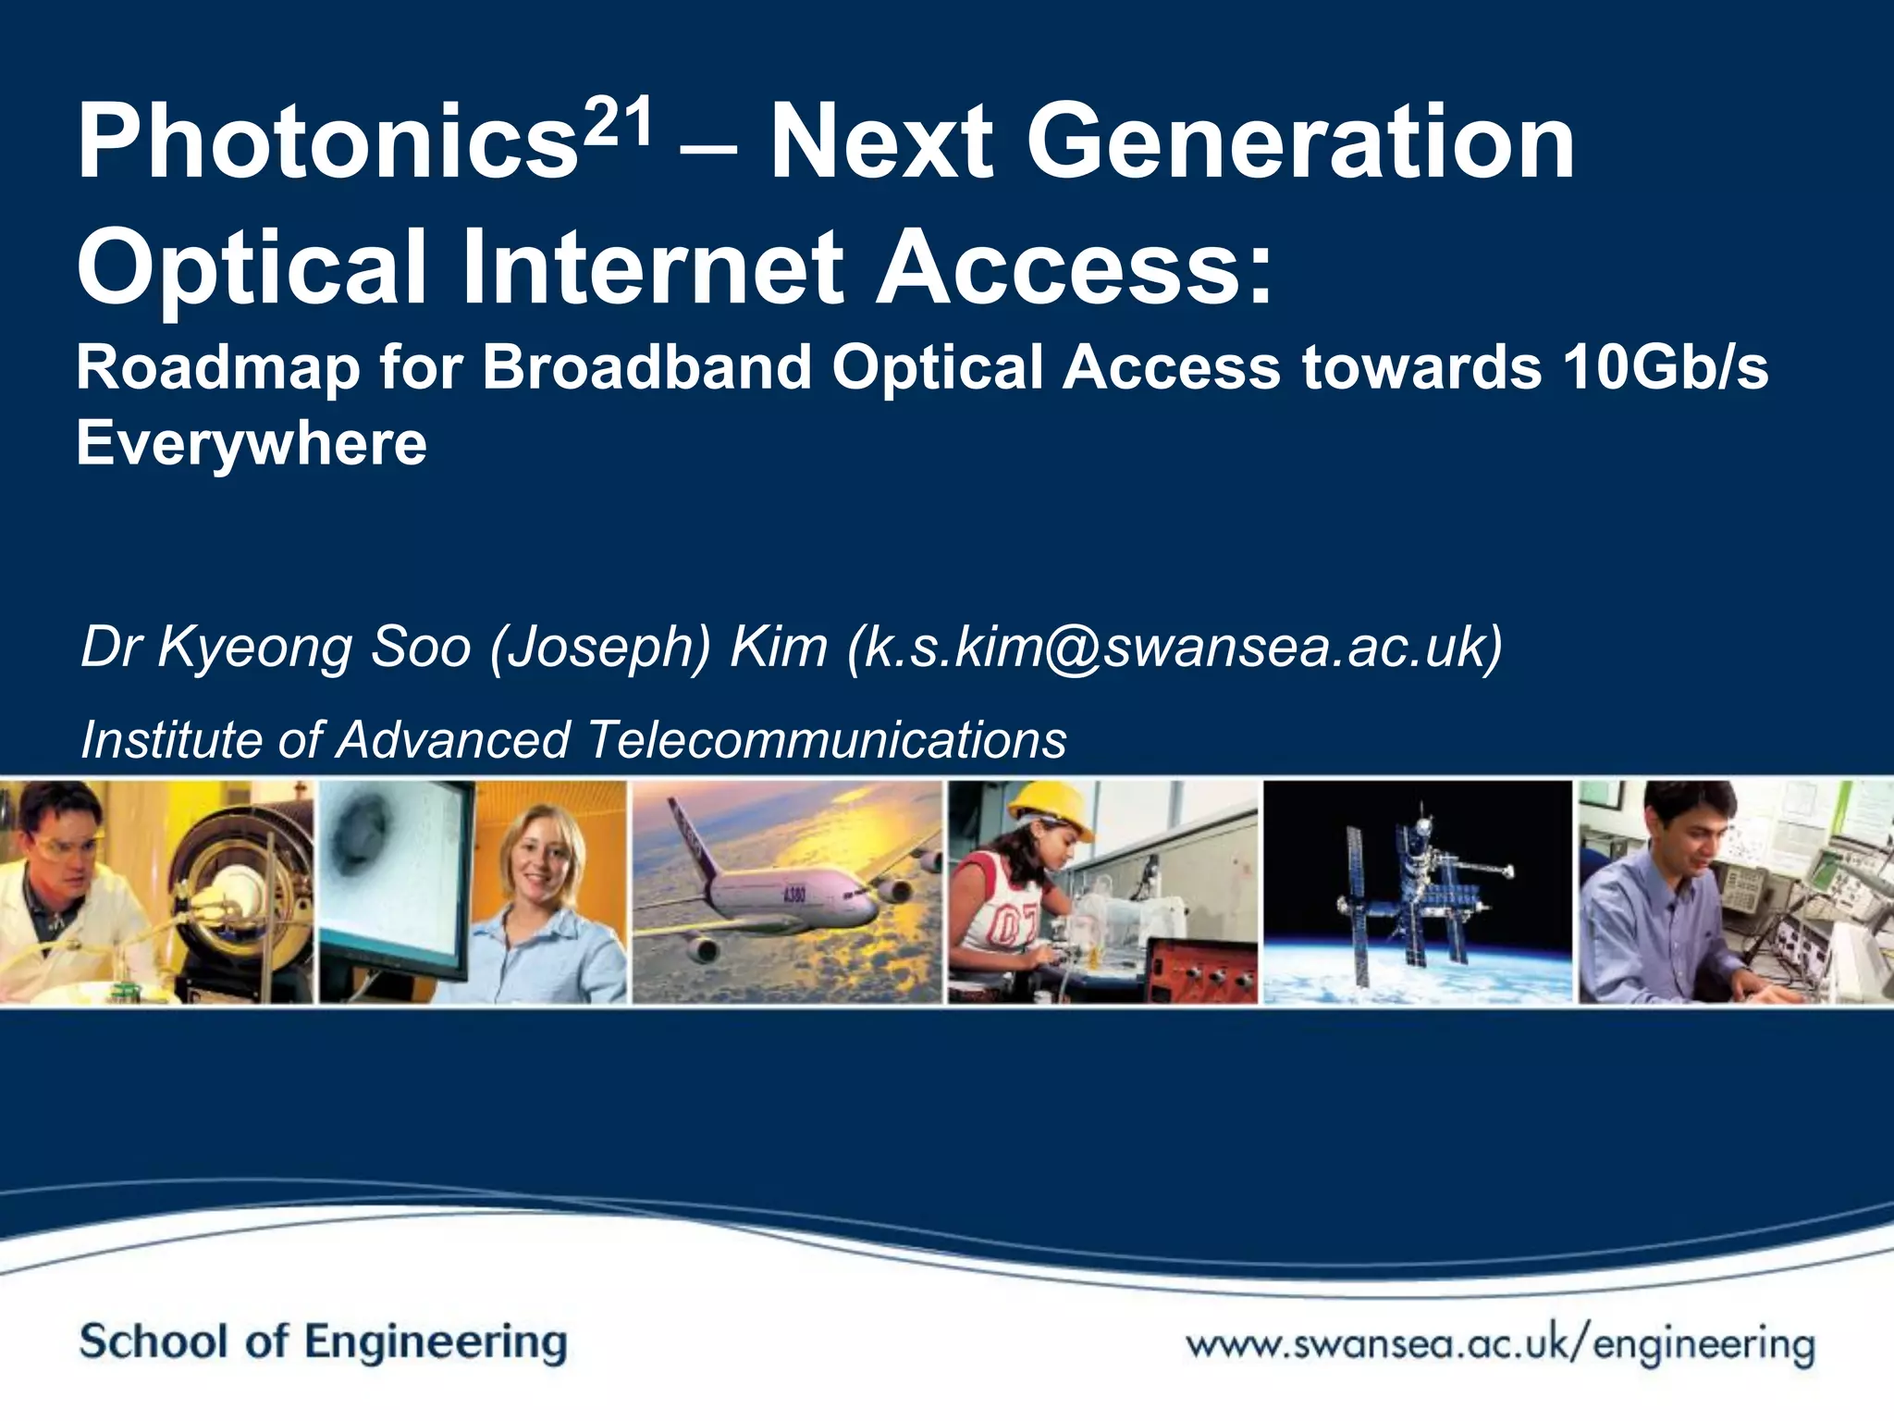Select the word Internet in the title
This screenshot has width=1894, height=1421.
tap(653, 268)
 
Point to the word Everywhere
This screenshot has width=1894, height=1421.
tap(252, 444)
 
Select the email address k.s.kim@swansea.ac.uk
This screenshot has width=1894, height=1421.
tap(1174, 647)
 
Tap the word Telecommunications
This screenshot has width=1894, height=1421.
tap(827, 740)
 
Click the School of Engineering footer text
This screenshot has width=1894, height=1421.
tap(323, 1342)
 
